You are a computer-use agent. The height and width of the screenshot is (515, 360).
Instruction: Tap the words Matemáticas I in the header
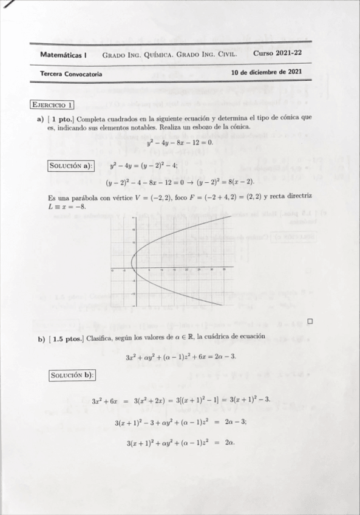(63, 54)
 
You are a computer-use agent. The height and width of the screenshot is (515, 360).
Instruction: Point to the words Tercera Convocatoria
(71, 74)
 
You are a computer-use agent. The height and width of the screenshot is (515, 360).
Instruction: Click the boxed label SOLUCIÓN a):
(70, 165)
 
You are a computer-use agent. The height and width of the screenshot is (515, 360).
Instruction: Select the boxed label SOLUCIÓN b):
(72, 375)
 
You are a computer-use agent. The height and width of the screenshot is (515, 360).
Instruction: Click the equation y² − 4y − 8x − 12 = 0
(180, 143)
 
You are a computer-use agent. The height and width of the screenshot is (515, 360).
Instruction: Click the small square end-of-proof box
(310, 321)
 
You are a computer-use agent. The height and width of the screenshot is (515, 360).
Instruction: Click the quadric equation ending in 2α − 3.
(180, 356)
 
